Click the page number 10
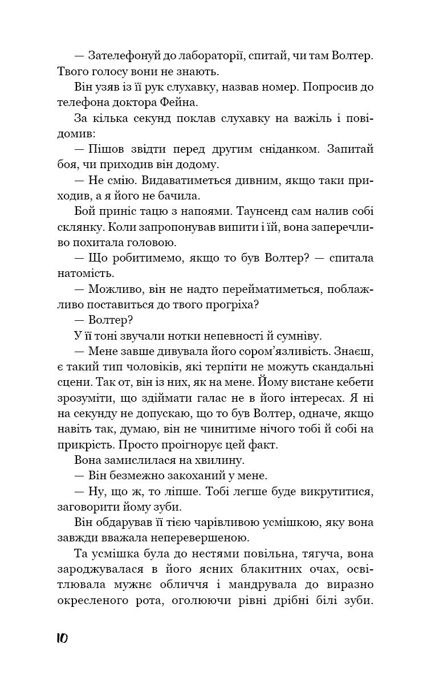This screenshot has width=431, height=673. click(x=62, y=638)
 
